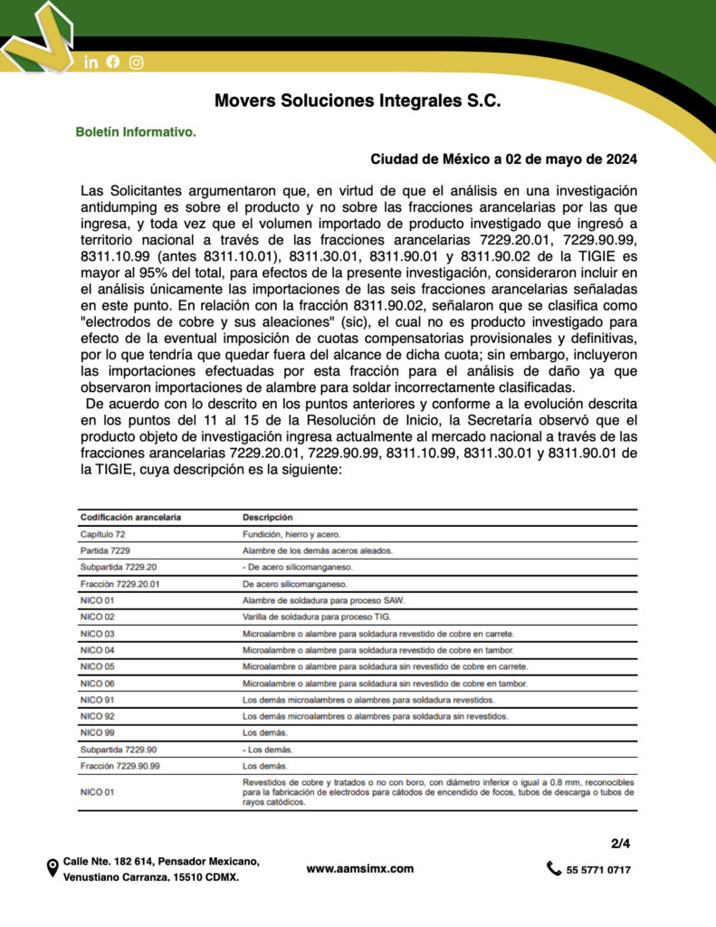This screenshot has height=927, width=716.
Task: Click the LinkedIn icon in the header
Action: coord(91,62)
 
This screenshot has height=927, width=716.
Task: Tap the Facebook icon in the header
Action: coord(113,62)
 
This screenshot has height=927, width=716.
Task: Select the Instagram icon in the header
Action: coord(137,62)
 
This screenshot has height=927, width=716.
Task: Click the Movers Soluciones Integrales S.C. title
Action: coord(358,100)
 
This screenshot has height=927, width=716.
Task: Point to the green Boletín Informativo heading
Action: coord(136,132)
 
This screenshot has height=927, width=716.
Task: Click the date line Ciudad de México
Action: coord(503,159)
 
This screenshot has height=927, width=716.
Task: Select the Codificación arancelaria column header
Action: coord(130,517)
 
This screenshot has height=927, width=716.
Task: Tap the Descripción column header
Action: coord(268,517)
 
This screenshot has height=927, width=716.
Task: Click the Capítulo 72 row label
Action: coord(103,534)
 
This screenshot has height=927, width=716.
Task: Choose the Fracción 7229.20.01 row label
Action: coord(120,584)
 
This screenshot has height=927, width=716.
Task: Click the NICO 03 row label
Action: coord(98,633)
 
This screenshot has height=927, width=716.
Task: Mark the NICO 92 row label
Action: coord(98,715)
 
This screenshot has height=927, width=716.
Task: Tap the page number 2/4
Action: coord(620,844)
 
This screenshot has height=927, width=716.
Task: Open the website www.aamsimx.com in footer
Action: coord(360,868)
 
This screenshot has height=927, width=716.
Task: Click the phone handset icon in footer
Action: coord(554,869)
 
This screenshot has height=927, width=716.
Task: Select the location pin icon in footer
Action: coord(53,869)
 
